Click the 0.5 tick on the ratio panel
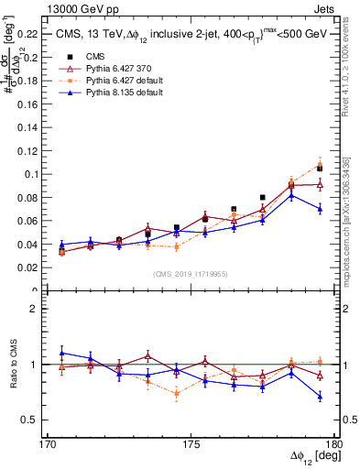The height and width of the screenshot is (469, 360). (32, 420)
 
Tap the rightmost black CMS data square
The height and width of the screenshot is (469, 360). (320, 169)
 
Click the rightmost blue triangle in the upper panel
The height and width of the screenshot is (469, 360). (320, 208)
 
